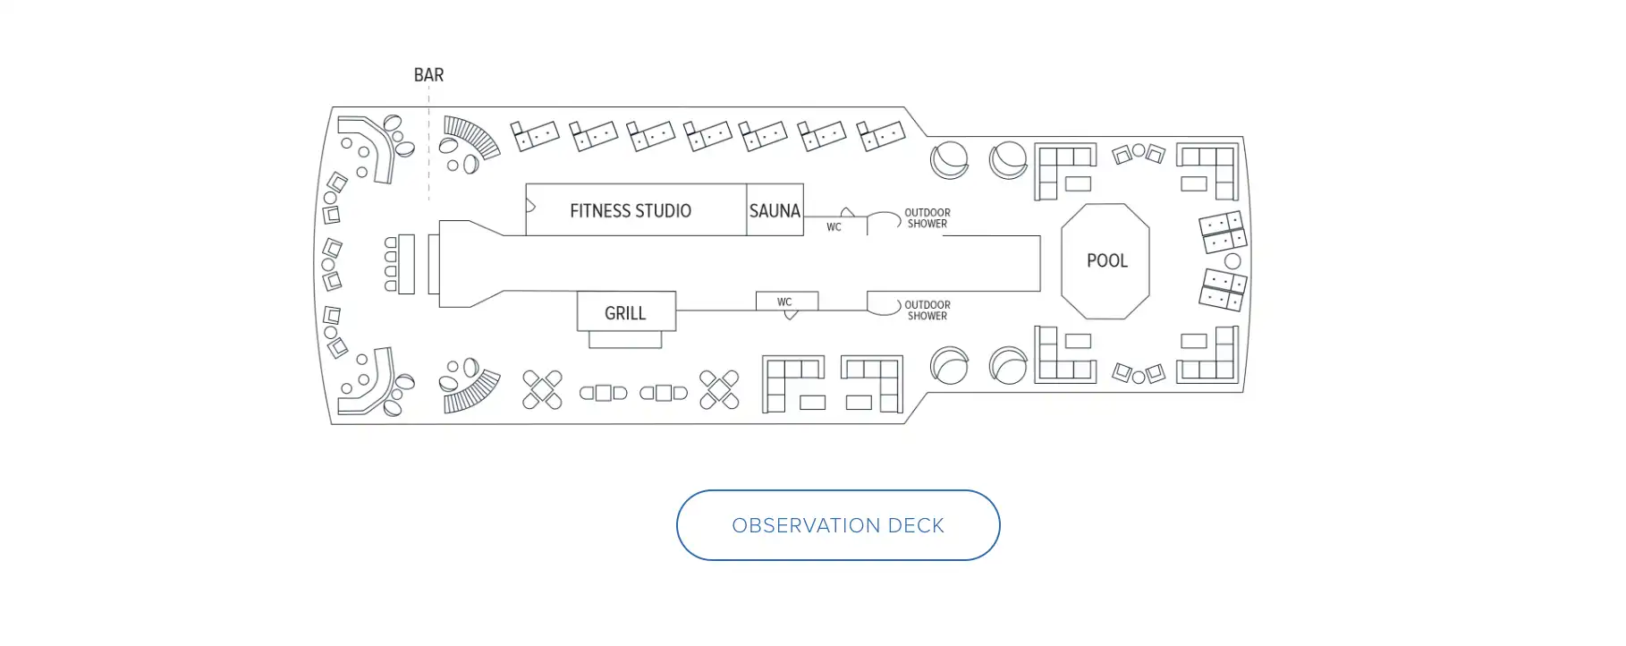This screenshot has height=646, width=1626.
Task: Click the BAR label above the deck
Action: point(428,75)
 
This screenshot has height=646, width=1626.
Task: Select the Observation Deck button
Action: point(837,525)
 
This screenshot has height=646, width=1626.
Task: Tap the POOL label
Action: point(1106,260)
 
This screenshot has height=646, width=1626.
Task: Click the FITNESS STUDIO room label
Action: point(630,211)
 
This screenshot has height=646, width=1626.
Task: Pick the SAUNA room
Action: point(775,211)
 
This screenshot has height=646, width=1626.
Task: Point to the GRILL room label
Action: point(625,313)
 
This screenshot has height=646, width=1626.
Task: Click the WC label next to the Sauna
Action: point(834,227)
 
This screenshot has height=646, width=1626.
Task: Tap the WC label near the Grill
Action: point(784,302)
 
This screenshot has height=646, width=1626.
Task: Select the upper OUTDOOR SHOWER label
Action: point(927,218)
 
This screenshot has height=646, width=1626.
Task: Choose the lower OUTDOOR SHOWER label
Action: point(927,310)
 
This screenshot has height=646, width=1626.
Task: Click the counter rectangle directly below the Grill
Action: point(625,340)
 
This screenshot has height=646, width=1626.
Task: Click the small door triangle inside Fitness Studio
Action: point(530,207)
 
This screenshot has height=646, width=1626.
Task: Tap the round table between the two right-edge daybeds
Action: point(1232,261)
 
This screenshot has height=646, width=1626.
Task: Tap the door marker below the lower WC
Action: point(791,315)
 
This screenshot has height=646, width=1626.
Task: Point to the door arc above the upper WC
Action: point(847,213)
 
